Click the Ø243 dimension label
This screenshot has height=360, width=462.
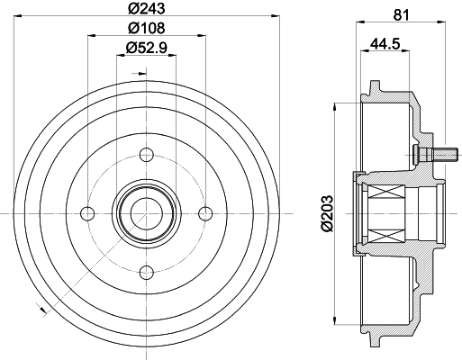[x=147, y=8]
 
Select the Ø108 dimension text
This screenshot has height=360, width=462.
[x=147, y=28]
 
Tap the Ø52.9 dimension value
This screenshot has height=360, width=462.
[x=147, y=48]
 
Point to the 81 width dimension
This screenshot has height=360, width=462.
[x=402, y=15]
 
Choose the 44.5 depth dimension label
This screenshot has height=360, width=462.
[x=385, y=44]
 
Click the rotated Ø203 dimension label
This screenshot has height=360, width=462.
[x=327, y=213]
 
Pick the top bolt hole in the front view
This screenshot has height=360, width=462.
[x=147, y=155]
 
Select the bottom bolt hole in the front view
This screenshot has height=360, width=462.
[x=147, y=273]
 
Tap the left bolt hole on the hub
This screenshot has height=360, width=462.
[x=88, y=213]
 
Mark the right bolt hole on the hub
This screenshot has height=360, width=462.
[x=205, y=213]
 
